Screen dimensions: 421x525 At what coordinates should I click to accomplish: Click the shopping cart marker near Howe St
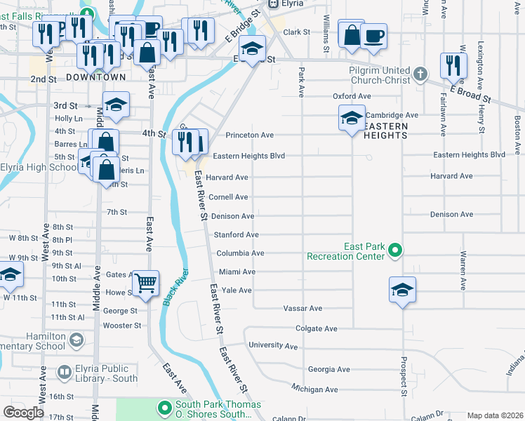point(146,284)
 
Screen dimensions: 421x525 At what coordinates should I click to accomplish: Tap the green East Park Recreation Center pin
point(395,250)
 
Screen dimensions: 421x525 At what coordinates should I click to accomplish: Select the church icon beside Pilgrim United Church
point(420,74)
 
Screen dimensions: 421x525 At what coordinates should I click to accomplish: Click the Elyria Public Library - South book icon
point(64,372)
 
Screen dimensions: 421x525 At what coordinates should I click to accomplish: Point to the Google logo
point(23,413)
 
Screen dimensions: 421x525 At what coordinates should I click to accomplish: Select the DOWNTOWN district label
point(97,77)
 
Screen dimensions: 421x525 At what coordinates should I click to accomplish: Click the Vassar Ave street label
point(302,308)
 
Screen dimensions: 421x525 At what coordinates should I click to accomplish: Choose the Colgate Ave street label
point(317,328)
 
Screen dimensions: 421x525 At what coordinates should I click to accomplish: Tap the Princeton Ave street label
point(249,135)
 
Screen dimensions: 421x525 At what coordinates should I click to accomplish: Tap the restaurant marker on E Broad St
point(453,66)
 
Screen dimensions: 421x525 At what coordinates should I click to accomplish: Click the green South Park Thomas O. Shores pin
point(165,408)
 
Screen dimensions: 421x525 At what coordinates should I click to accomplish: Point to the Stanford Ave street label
point(236,235)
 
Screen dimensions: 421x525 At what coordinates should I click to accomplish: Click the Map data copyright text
point(494,415)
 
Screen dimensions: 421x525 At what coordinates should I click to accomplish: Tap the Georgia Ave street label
point(328,369)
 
